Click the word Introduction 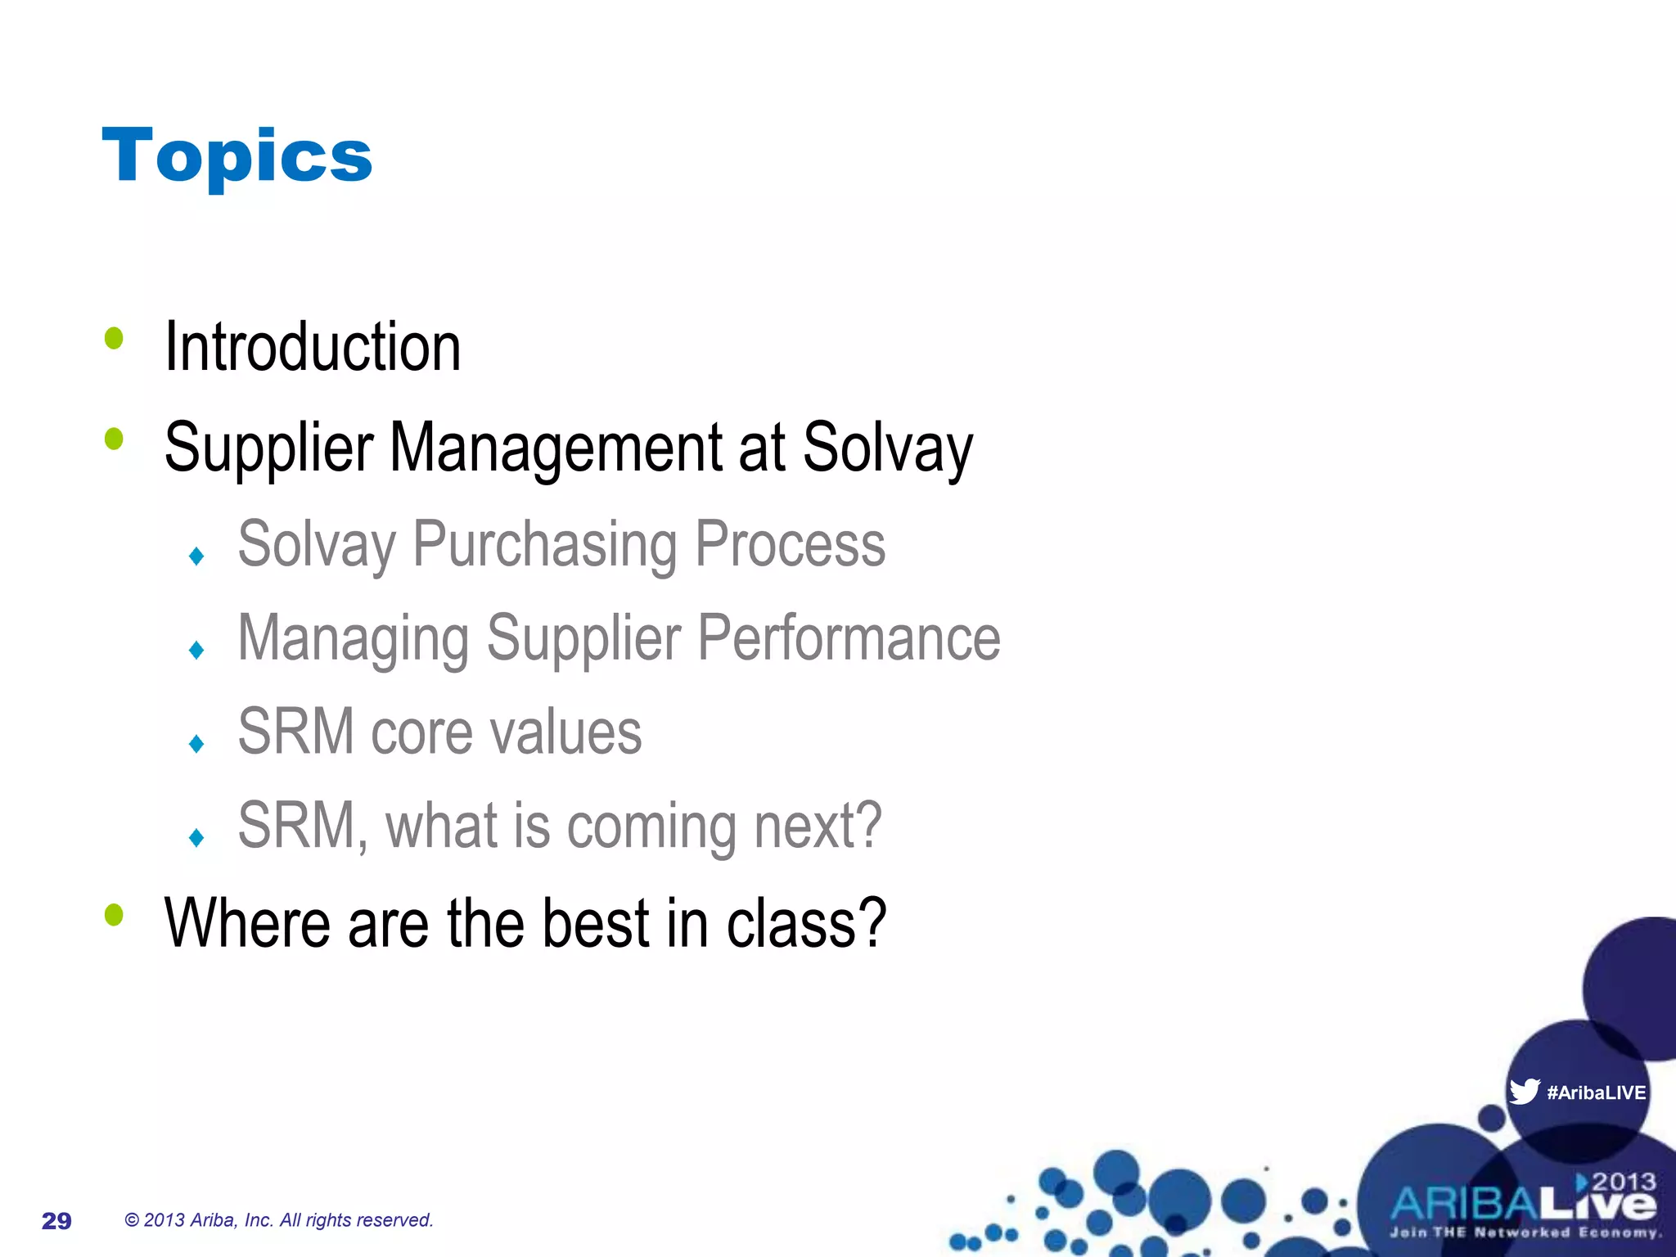313,347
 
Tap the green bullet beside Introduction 114,338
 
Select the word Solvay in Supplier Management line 888,448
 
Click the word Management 557,448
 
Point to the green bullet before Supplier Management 114,439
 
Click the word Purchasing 545,544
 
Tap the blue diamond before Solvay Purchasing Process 196,556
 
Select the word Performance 849,638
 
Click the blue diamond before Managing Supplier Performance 196,651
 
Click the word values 565,732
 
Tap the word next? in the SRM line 818,825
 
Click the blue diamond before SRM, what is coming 196,837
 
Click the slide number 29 56,1221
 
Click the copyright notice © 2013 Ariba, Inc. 278,1220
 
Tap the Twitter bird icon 1524,1092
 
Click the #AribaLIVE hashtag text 1596,1093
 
